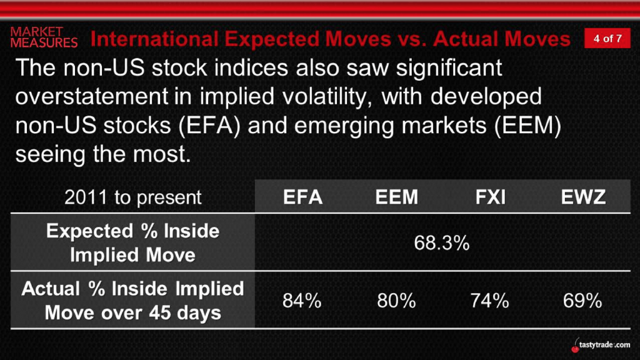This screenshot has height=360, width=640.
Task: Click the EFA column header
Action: (x=303, y=197)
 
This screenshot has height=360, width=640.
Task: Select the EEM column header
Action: (x=397, y=197)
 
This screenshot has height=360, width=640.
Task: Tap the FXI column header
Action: (x=490, y=197)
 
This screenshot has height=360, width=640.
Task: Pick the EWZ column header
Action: (x=583, y=197)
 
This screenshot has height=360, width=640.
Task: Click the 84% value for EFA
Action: (x=302, y=301)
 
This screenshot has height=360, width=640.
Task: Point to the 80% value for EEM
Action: (x=396, y=301)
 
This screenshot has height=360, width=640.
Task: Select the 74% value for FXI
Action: (x=490, y=301)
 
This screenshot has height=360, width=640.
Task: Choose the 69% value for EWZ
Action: (x=582, y=301)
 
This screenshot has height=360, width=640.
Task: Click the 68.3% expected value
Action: (x=442, y=243)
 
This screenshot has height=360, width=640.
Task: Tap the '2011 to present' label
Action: (x=133, y=197)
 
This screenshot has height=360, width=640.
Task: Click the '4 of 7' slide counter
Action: (x=607, y=38)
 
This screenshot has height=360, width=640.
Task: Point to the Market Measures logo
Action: (x=44, y=37)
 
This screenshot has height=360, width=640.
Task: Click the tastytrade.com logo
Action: (x=601, y=345)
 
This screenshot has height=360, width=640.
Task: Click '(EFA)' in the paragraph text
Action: (x=209, y=126)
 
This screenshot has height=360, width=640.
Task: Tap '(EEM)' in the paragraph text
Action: (x=528, y=126)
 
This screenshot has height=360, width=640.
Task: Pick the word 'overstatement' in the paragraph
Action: (x=91, y=97)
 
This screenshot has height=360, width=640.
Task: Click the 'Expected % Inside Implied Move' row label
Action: (x=132, y=243)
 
